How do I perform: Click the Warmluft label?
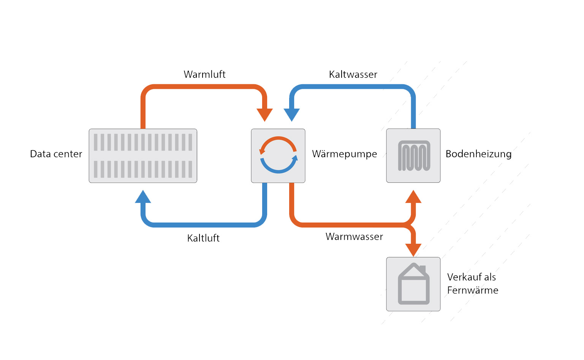pos(204,74)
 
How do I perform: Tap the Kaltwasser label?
pos(353,74)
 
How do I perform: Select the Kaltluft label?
pos(203,238)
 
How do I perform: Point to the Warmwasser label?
pos(354,237)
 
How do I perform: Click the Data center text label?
pos(56,154)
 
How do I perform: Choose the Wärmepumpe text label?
pos(344,154)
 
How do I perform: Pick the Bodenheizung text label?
pos(478,154)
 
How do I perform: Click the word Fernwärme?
pos(473,290)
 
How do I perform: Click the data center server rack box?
pos(143,156)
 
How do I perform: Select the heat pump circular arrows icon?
pos(278,155)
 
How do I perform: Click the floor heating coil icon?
pos(413,156)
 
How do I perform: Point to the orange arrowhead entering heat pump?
pos(264,114)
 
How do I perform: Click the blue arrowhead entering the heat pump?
pos(292,114)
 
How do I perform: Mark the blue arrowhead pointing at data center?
pos(143,197)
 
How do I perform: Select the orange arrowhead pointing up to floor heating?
pos(413,197)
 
